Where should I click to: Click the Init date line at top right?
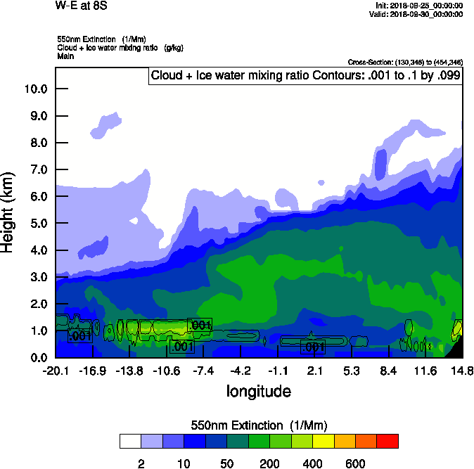[x=419, y=6]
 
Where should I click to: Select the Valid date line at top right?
[x=419, y=14]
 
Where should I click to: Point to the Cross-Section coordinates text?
[x=405, y=63]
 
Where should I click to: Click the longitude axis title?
[x=258, y=391]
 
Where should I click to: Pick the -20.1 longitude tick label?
[x=55, y=371]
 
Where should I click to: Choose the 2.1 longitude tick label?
[x=315, y=371]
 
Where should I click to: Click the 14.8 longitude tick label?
[x=462, y=371]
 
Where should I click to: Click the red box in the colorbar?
[x=387, y=441]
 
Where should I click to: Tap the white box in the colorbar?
[x=130, y=441]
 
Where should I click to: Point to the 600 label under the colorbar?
[x=355, y=463]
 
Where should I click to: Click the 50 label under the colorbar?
[x=226, y=463]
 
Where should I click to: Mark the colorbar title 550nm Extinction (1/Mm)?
[x=259, y=425]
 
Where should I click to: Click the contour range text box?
[x=306, y=76]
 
